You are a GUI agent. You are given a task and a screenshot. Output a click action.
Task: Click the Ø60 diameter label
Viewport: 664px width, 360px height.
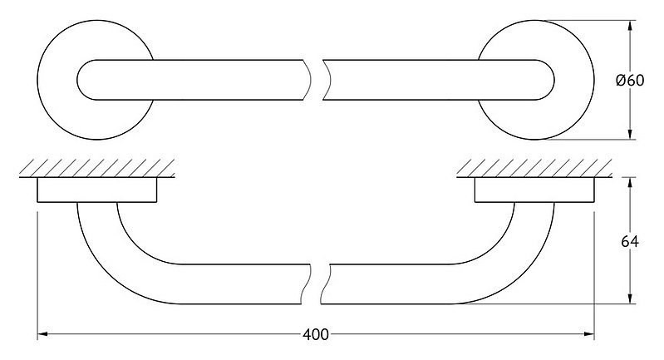click(630, 80)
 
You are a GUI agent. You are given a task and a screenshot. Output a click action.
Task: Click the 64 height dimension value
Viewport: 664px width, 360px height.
click(630, 241)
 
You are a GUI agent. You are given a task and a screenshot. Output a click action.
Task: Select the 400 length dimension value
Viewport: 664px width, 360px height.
click(316, 334)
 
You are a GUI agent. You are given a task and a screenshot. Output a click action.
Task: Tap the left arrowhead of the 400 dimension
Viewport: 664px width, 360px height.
click(42, 334)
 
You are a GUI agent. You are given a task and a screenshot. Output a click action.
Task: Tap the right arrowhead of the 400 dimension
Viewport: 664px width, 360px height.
click(589, 334)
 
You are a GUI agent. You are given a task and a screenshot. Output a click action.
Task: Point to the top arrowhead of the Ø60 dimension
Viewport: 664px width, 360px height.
click(630, 26)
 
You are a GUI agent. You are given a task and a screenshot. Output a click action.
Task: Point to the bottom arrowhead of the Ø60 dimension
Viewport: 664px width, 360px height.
click(630, 134)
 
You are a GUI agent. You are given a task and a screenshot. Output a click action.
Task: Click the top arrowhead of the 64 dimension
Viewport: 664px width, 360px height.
click(630, 183)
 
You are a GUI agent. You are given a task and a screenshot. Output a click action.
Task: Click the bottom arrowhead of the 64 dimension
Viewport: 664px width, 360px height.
click(630, 298)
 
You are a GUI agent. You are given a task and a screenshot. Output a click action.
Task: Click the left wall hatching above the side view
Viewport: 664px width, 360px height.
click(97, 168)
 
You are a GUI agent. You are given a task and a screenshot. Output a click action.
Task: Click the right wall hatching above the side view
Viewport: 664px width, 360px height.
click(534, 168)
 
